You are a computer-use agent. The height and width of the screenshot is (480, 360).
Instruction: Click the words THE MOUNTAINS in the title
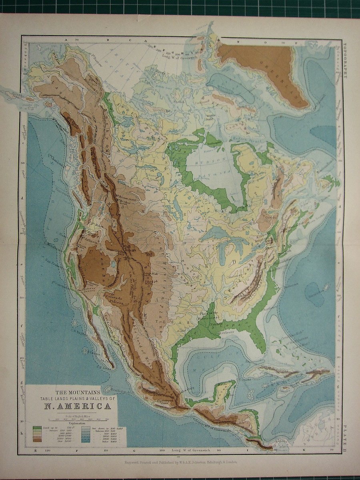(x=76, y=392)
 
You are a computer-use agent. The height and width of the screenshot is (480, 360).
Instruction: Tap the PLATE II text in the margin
(x=345, y=440)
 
